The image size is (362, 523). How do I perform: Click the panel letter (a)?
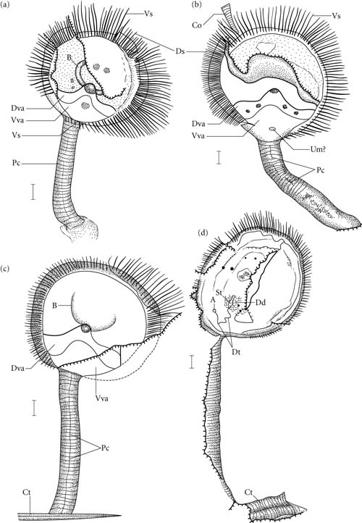pyautogui.click(x=6, y=5)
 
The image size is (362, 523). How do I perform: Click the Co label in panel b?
pyautogui.click(x=197, y=25)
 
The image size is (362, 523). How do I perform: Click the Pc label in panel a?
pyautogui.click(x=15, y=164)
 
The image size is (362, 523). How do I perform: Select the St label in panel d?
pyautogui.click(x=219, y=293)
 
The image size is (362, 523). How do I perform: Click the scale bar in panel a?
pyautogui.click(x=33, y=191)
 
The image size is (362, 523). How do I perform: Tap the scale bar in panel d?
pyautogui.click(x=192, y=362)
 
